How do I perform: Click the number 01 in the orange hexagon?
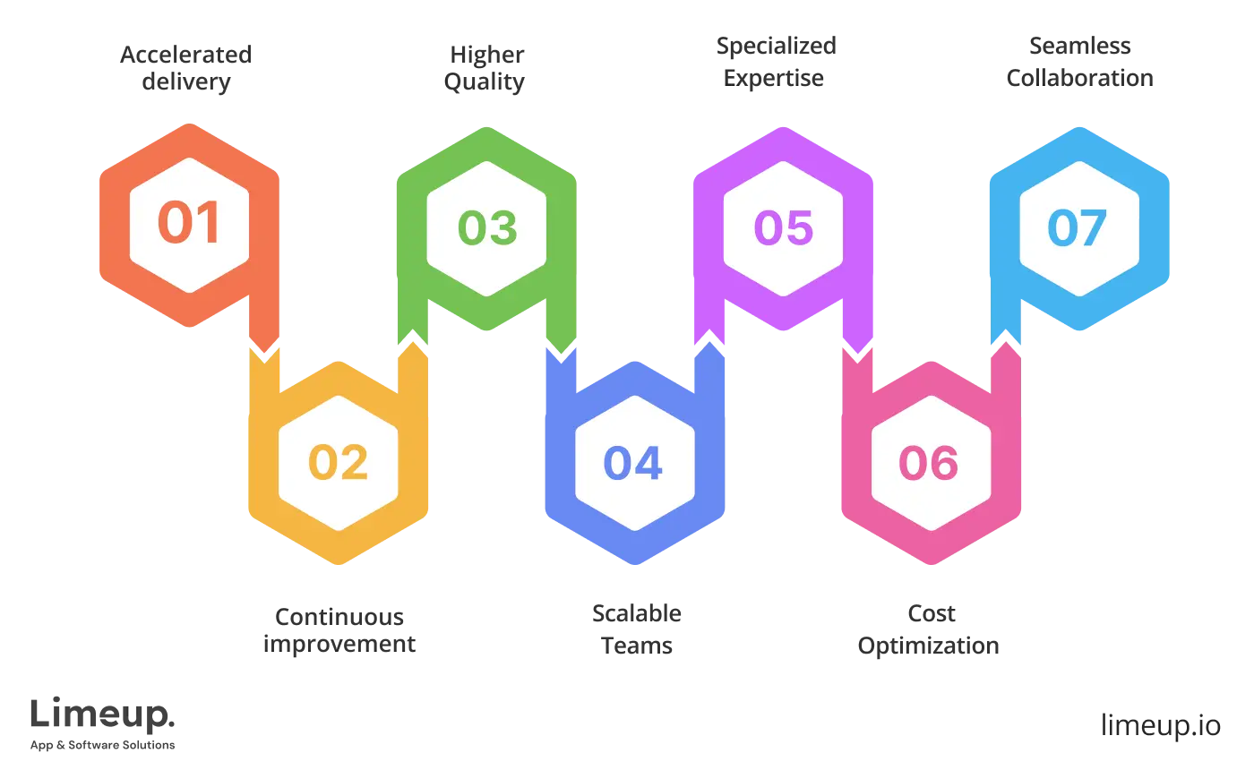pos(188,223)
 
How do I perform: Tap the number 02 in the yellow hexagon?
pos(338,463)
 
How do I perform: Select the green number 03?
pos(487,227)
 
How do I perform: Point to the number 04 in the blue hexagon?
pos(633,463)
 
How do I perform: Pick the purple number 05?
pos(783,227)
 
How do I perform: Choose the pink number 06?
pos(929,463)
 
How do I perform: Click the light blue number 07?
pos(1078,227)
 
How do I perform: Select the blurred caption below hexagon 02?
pos(338,630)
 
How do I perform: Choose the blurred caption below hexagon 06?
pos(928,630)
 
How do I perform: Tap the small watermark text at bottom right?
pos(1160,723)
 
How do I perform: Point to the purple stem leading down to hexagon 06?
pos(855,327)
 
